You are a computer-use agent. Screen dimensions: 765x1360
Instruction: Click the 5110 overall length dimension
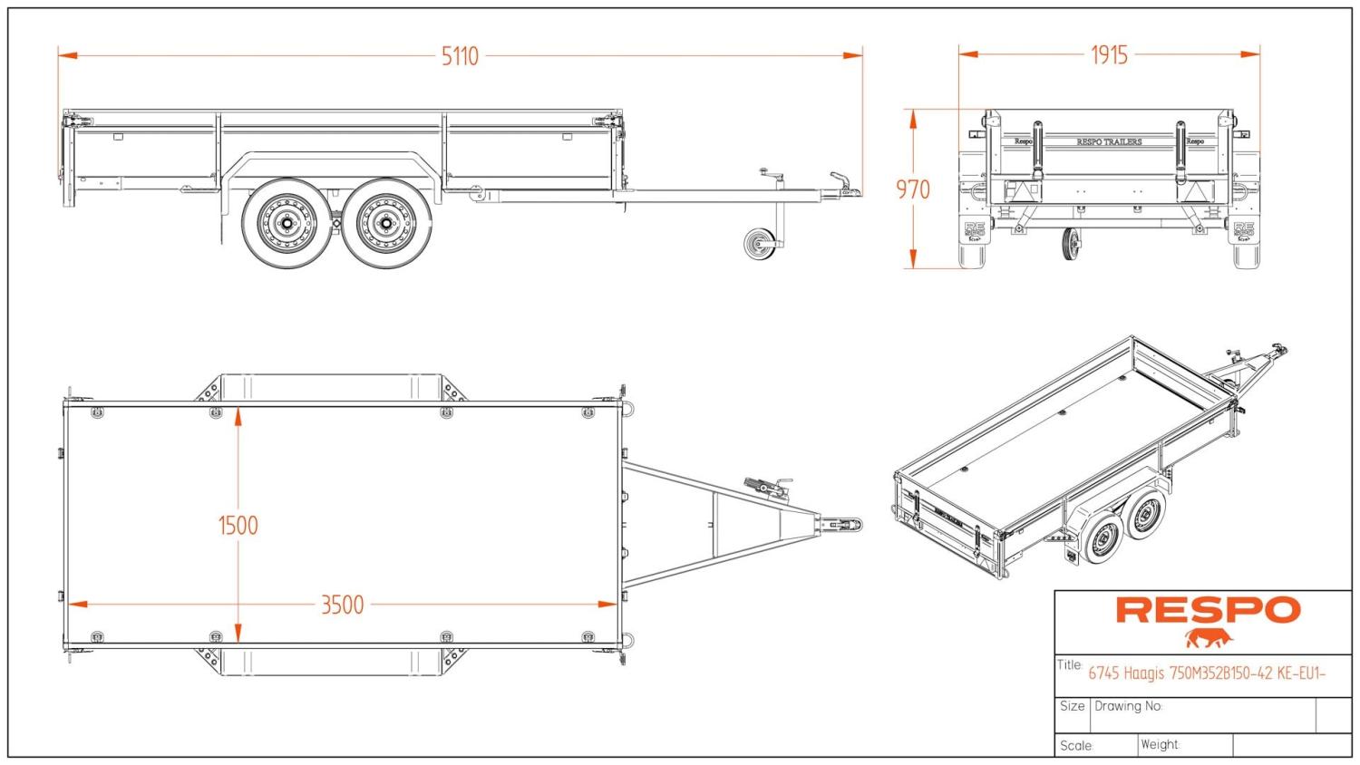pos(460,56)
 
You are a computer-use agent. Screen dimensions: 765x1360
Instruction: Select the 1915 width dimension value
pos(1109,55)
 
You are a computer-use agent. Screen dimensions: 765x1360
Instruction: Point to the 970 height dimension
pos(913,189)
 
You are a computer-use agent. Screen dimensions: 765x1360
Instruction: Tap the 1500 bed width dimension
pos(238,526)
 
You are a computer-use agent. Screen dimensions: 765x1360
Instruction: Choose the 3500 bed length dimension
pos(342,605)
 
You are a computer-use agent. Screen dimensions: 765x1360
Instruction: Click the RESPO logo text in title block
pos(1208,610)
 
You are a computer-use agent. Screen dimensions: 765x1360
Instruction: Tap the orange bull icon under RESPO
pos(1209,638)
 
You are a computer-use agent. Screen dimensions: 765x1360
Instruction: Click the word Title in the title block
pos(1070,665)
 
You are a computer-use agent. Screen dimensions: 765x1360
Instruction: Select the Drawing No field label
pos(1128,706)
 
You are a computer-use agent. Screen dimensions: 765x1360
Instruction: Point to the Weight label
pos(1160,745)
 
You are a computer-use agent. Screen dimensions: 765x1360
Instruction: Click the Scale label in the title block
pos(1075,746)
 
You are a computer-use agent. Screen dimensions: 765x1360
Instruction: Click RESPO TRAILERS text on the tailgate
pos(1109,141)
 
